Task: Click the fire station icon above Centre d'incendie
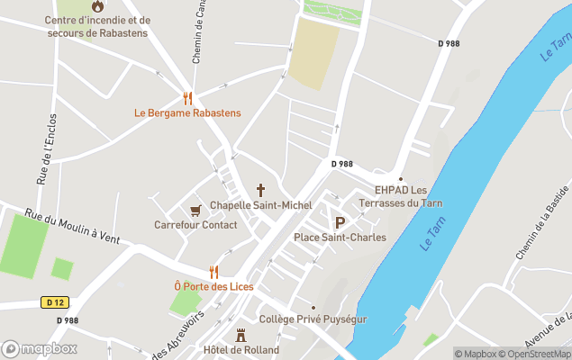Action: [97, 6]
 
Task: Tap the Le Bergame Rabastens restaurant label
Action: [187, 112]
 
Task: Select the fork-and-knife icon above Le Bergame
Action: [187, 97]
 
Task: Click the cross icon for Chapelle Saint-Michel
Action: [260, 190]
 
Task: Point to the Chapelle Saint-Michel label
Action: [260, 205]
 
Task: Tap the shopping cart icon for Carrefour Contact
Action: [195, 210]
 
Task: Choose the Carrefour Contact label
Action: [195, 225]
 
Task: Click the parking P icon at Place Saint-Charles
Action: [340, 223]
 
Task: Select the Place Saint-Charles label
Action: [340, 238]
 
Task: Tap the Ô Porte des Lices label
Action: [213, 286]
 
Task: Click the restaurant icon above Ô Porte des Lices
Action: [213, 271]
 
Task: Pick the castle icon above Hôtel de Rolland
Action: [241, 335]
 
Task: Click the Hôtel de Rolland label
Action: [241, 349]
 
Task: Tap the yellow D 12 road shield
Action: [54, 302]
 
